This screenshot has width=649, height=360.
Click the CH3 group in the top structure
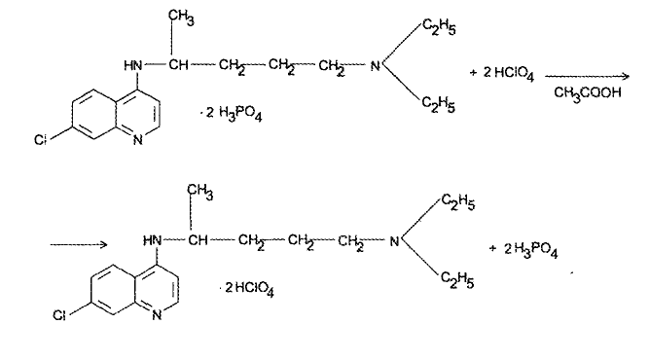181,18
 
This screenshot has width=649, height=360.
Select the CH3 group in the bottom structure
199,192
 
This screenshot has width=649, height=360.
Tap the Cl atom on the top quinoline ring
40,140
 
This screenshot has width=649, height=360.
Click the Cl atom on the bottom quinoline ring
59,315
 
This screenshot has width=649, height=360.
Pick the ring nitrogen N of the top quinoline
138,140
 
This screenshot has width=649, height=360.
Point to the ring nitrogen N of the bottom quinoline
157,315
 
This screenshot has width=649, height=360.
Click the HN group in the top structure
133,65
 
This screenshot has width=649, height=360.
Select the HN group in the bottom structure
152,240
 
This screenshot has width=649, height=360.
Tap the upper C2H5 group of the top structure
439,27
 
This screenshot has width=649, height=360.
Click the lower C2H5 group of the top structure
439,105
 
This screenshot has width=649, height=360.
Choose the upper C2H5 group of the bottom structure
458,202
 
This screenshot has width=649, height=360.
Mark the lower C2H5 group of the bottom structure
457,280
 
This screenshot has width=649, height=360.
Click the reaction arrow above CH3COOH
587,76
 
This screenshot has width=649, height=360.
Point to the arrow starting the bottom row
79,244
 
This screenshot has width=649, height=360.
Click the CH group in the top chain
178,65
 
